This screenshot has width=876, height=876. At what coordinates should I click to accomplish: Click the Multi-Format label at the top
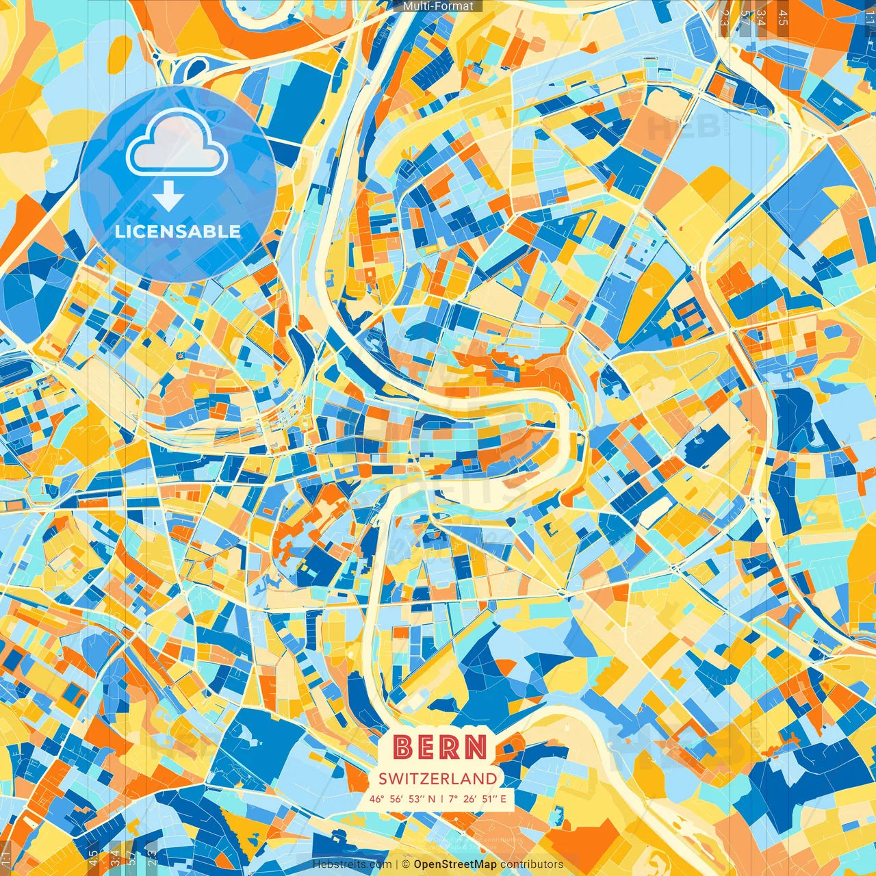click(438, 6)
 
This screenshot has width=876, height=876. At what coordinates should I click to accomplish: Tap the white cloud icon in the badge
click(177, 142)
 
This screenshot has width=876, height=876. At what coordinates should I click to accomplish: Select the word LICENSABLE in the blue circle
click(178, 231)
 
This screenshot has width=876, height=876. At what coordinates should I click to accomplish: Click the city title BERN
click(441, 747)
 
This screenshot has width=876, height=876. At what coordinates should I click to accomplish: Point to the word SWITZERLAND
click(438, 778)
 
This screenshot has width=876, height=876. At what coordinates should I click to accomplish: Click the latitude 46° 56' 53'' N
click(402, 799)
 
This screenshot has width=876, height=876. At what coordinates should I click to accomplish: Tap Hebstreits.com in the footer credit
click(352, 864)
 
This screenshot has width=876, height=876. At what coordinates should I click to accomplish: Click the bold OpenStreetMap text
click(455, 864)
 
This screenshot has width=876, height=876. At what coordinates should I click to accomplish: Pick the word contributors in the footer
click(532, 864)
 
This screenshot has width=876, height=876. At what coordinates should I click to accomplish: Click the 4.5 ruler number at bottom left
click(93, 857)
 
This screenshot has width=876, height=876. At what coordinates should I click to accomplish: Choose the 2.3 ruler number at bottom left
click(151, 857)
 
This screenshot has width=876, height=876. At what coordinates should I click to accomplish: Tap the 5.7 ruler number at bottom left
click(131, 857)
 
